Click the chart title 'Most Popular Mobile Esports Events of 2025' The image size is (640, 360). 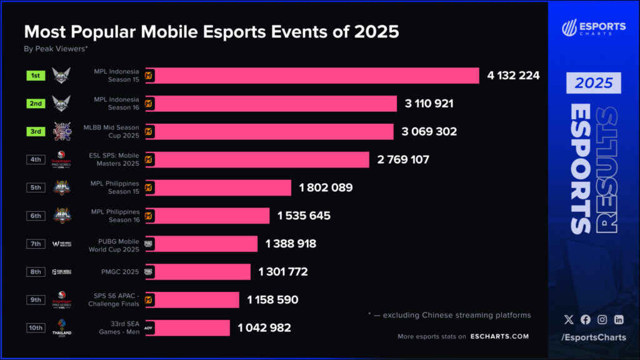[211, 31]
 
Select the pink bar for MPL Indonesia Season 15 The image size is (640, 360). [312, 76]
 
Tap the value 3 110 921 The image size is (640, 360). [429, 104]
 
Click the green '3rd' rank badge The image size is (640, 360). [36, 132]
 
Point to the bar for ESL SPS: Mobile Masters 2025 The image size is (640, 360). [257, 160]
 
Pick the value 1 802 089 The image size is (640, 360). [326, 187]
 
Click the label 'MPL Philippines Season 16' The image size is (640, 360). [116, 216]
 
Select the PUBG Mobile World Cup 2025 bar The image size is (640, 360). [201, 244]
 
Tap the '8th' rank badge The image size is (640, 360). [36, 272]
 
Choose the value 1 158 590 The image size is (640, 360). [272, 300]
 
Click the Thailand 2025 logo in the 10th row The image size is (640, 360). [62, 327]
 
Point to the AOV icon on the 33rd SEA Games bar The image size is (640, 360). [149, 327]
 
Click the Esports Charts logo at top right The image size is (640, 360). [593, 28]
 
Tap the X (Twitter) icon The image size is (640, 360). [568, 319]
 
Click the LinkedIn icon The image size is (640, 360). [619, 319]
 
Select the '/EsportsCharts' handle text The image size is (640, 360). [593, 338]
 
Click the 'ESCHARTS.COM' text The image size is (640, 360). [499, 336]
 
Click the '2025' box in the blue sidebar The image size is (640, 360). [594, 83]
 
